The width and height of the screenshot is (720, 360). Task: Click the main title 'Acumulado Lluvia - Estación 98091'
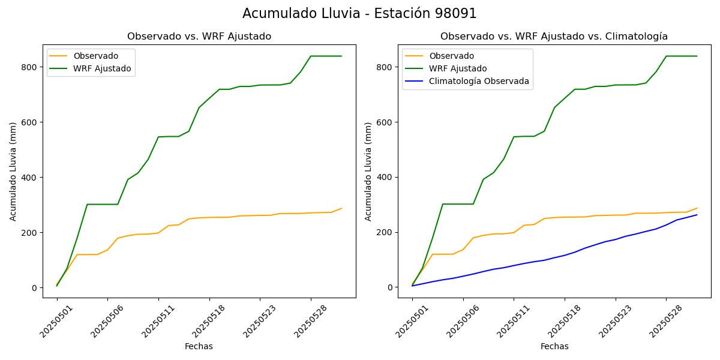click(x=359, y=14)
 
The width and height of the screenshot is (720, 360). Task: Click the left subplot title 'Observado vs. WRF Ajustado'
click(x=199, y=37)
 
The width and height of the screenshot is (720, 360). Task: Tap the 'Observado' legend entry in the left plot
click(x=95, y=56)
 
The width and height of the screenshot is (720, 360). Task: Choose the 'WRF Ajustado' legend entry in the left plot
click(x=102, y=68)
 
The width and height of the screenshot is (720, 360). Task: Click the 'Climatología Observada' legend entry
click(x=479, y=82)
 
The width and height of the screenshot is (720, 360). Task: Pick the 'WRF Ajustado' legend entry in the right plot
click(x=458, y=68)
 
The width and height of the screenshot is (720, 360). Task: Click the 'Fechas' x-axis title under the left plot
click(x=199, y=346)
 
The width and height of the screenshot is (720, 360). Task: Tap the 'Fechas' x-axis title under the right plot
click(x=554, y=346)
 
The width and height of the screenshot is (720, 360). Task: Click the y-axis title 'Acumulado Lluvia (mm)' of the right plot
click(x=368, y=171)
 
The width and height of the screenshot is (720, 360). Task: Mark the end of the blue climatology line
click(x=697, y=215)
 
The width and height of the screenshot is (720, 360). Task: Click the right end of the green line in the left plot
click(x=341, y=56)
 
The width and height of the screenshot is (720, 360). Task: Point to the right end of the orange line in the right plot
click(x=697, y=208)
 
